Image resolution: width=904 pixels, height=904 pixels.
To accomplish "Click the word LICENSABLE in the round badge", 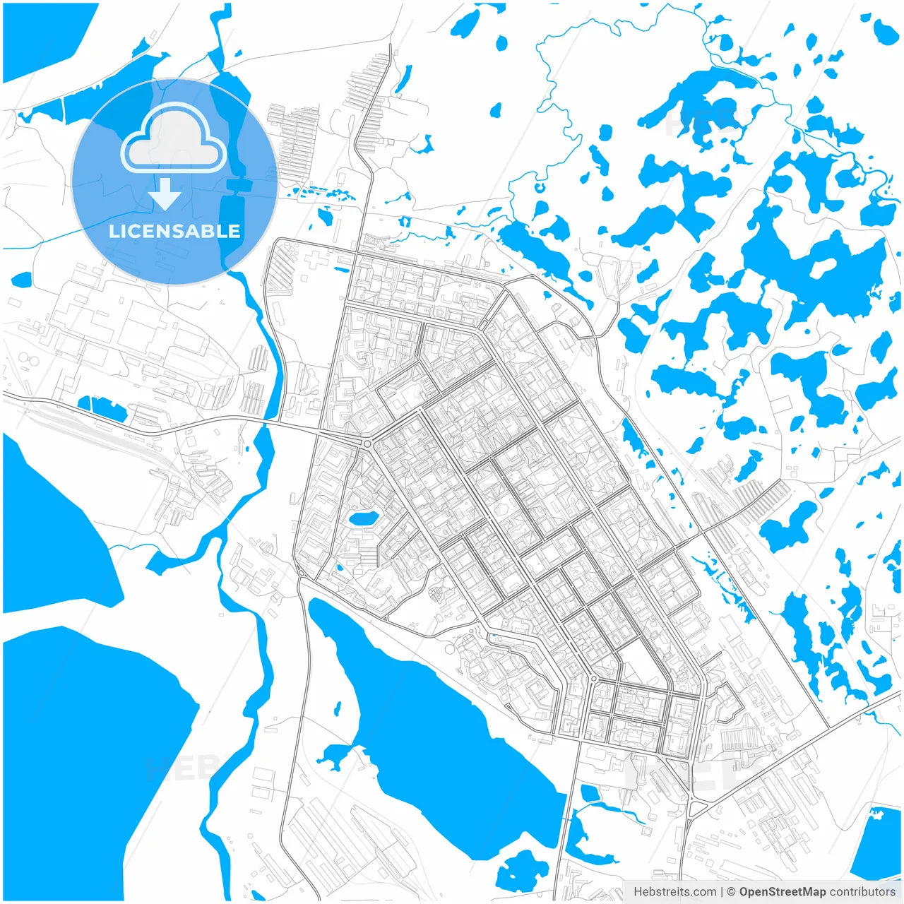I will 174,231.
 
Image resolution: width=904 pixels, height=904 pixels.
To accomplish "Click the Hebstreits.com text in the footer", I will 674,892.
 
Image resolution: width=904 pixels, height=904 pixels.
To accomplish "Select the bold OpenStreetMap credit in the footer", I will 783,892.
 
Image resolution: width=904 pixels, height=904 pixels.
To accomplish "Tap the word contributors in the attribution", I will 862,892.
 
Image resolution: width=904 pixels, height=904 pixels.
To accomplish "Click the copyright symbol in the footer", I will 732,892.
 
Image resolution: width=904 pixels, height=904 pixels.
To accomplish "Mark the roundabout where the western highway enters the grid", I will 367,444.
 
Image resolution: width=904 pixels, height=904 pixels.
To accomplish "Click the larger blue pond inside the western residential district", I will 363,519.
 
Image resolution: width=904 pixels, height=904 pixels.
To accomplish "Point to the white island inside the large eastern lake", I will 823,268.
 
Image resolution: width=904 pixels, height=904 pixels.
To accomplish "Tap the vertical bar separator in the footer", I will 721,892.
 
